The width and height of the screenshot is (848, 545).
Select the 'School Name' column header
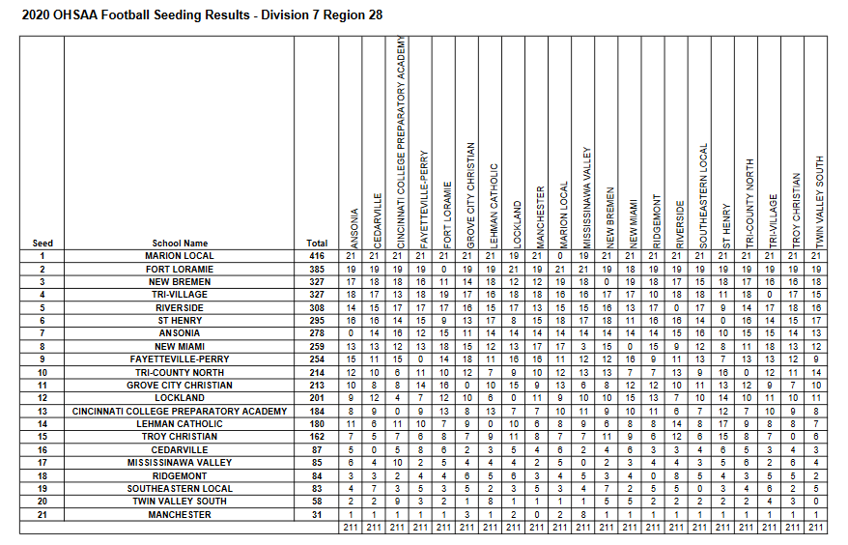[x=180, y=244]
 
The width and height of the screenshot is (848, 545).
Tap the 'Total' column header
[x=316, y=244]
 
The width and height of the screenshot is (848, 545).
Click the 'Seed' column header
[x=42, y=244]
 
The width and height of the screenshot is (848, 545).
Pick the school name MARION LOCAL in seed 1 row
[x=180, y=256]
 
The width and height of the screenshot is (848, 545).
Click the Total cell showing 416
[x=316, y=256]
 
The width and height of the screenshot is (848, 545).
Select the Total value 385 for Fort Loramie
[x=316, y=269]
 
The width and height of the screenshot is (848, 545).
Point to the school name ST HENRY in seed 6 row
[x=180, y=320]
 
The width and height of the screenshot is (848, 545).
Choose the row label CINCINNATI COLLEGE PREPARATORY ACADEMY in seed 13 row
[x=180, y=411]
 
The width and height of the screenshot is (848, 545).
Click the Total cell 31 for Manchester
[x=316, y=514]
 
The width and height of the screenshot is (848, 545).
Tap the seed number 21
[x=42, y=514]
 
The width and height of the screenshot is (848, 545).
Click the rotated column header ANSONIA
[x=354, y=223]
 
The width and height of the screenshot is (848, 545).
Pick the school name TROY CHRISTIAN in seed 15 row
[x=180, y=437]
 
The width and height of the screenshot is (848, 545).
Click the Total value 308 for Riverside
[x=316, y=307]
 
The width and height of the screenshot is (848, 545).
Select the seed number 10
[x=42, y=372]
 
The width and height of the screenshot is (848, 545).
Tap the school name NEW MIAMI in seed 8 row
[x=180, y=346]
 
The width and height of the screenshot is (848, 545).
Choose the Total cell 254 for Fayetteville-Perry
[x=316, y=359]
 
